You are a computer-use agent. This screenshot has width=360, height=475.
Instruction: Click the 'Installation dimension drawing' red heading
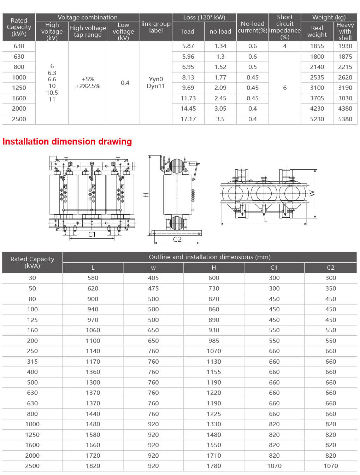click(x=67, y=142)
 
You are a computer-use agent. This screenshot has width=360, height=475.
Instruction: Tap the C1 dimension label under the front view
click(x=92, y=234)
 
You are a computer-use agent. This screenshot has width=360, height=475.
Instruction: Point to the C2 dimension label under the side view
click(x=177, y=239)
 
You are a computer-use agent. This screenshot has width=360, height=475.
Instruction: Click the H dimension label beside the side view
click(x=146, y=195)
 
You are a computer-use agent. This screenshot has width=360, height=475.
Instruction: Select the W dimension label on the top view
click(x=312, y=193)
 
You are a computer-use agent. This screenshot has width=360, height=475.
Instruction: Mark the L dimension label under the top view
click(x=266, y=220)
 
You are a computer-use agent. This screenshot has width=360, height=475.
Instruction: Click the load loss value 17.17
click(x=188, y=119)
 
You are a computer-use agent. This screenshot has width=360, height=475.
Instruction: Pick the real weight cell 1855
click(x=317, y=46)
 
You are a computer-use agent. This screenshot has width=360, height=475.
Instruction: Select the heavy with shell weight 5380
click(x=345, y=119)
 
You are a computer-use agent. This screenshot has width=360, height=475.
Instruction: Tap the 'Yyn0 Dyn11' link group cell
click(x=156, y=83)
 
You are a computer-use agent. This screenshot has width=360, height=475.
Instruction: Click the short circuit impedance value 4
click(x=285, y=46)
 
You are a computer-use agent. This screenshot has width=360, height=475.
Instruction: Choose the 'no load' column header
click(x=220, y=31)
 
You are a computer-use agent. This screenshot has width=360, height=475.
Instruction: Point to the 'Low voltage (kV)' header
click(x=123, y=31)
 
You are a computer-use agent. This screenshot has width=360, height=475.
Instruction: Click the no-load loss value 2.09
click(x=220, y=88)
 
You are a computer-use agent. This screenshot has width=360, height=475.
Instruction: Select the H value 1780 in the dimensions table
click(x=214, y=466)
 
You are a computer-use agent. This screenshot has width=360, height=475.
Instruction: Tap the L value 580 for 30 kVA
click(x=93, y=278)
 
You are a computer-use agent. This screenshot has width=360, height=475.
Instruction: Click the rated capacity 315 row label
click(x=33, y=362)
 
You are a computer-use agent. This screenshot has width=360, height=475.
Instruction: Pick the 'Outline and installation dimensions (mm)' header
click(x=209, y=257)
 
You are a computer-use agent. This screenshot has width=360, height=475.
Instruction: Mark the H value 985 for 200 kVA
click(x=214, y=341)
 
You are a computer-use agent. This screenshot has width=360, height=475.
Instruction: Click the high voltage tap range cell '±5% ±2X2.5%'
click(x=88, y=83)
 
